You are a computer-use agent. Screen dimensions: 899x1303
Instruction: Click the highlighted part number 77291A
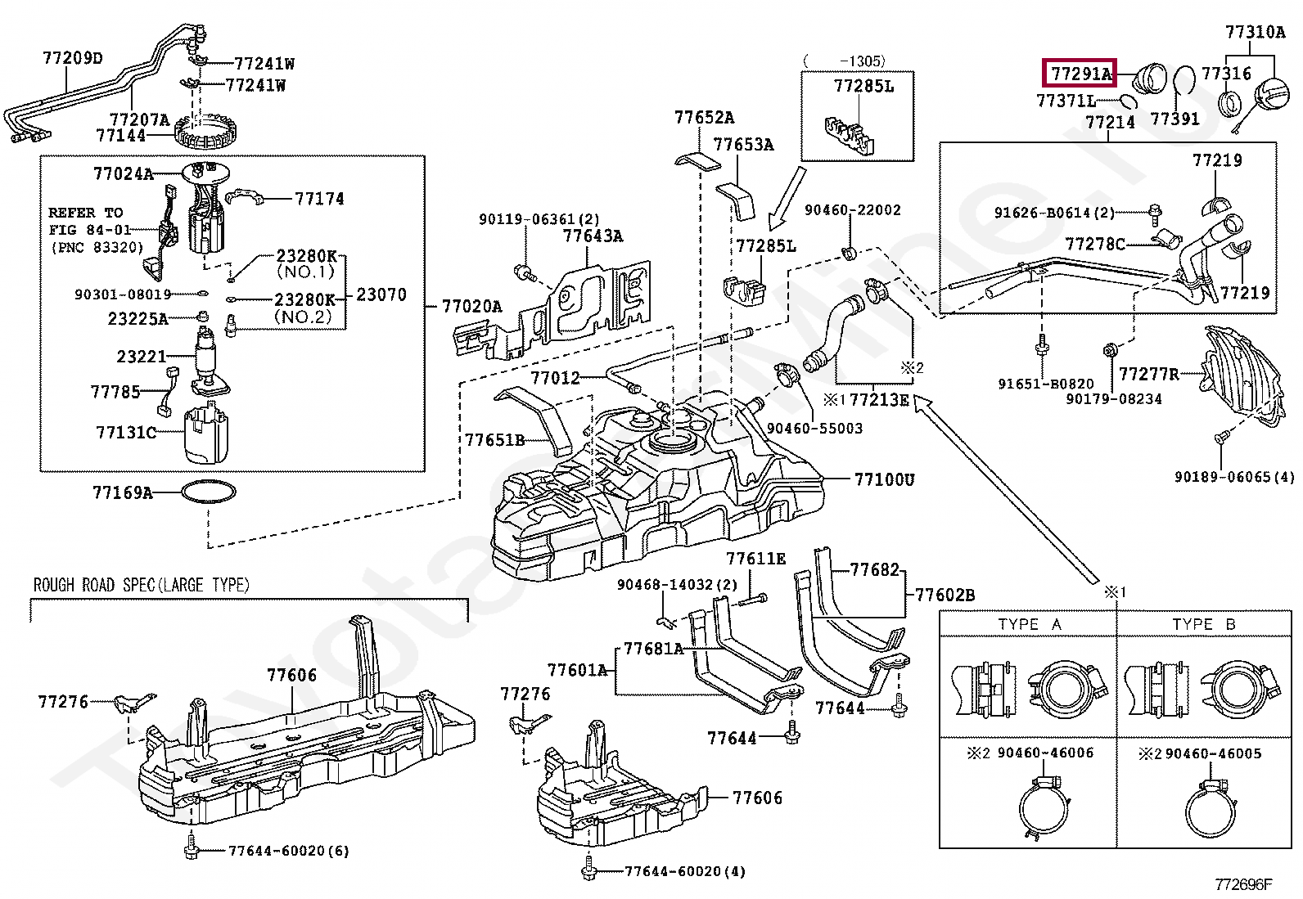pos(1080,74)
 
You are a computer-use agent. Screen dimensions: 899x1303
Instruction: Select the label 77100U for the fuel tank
pos(884,479)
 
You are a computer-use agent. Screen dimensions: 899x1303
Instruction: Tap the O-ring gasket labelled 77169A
pos(208,492)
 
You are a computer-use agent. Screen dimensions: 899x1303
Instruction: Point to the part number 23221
pos(141,357)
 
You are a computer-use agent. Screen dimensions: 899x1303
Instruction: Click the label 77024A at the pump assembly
pos(123,173)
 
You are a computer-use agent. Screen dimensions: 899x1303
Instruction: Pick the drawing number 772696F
pos(1243,883)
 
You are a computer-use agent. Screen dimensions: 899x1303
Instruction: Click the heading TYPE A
pos(1030,624)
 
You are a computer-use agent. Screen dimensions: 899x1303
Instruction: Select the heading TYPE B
pos(1203,624)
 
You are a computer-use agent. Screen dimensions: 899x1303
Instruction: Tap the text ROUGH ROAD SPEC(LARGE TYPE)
pos(141,585)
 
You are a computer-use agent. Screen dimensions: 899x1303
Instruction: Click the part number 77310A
pos(1255,32)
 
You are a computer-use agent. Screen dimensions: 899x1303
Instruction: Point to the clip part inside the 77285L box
pos(850,135)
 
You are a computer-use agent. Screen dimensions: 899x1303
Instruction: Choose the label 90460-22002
pos(852,210)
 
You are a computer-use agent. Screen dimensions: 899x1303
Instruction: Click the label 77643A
pos(593,236)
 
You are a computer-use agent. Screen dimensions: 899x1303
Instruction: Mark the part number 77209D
pos(73,58)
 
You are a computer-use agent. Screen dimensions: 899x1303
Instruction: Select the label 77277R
pos(1148,374)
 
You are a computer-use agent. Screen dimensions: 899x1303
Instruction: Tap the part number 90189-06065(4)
pos(1234,477)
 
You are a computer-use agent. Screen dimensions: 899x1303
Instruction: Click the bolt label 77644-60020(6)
pos(288,851)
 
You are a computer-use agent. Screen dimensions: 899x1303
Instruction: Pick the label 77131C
pos(126,432)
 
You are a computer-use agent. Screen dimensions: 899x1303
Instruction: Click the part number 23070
pos(381,294)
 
